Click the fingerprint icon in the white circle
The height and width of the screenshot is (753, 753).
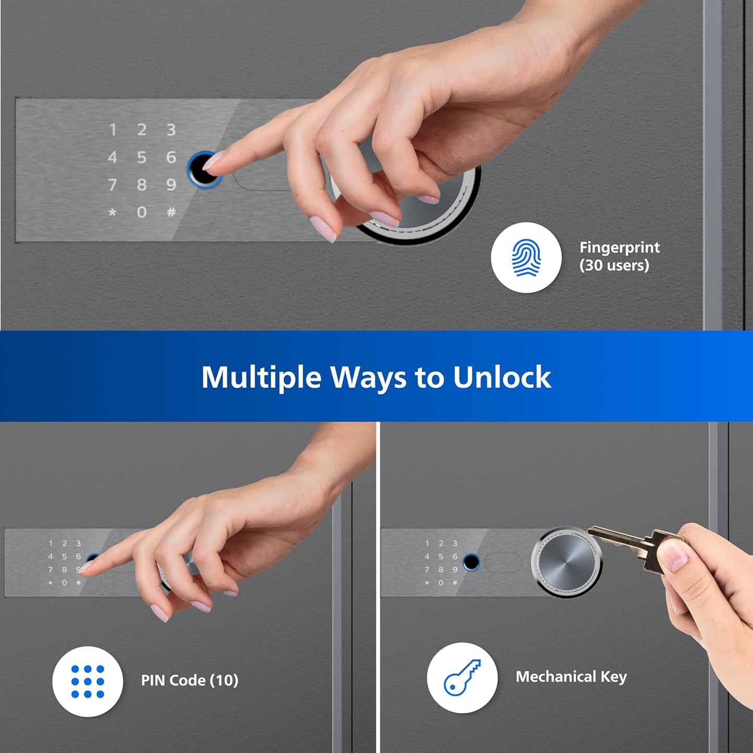[x=526, y=257]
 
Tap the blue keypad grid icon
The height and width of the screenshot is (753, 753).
[x=88, y=681]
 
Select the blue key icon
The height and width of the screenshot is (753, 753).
[x=462, y=677]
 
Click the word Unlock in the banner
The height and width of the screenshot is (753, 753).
[x=501, y=377]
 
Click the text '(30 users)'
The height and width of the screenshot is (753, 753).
[x=614, y=265]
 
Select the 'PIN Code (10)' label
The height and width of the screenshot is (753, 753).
[x=190, y=680]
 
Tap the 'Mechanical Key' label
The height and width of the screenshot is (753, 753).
[x=571, y=676]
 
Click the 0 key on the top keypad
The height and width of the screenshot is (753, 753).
[x=141, y=212]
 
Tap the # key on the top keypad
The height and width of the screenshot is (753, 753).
[x=171, y=212]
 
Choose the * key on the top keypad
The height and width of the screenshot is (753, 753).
[x=112, y=213]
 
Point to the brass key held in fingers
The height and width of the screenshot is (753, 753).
[x=633, y=545]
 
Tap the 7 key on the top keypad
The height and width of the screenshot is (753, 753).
[x=112, y=184]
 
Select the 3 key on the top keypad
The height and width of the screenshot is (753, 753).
[x=171, y=130]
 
